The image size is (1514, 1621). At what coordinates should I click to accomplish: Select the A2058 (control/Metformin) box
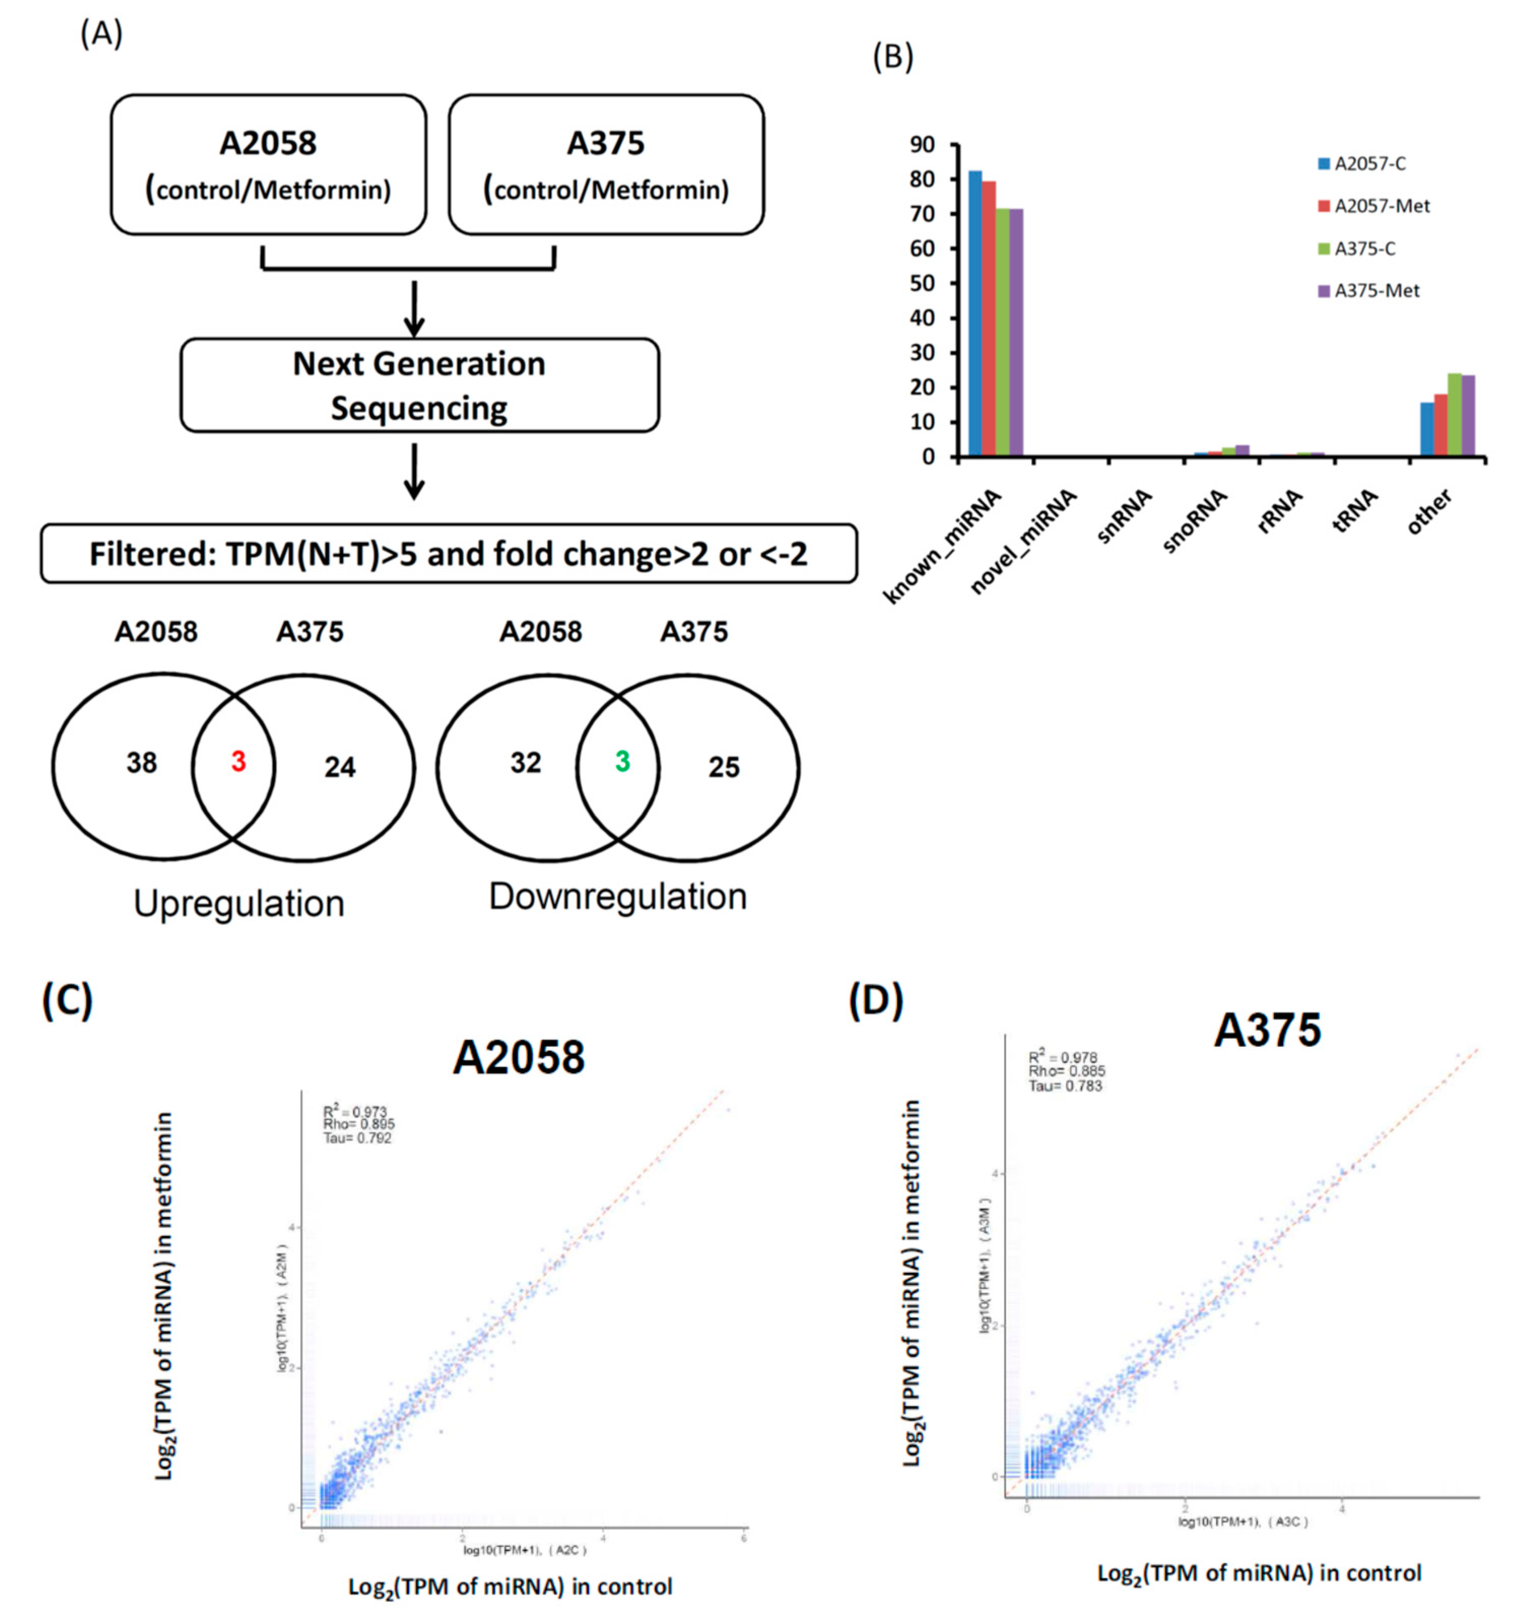coord(268,164)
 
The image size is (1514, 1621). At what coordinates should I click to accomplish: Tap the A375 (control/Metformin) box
coord(606,164)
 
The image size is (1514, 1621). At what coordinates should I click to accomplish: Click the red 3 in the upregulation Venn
coord(238,762)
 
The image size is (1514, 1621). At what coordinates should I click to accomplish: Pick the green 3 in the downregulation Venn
coord(622,762)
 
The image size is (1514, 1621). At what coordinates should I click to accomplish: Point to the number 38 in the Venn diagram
coord(142,763)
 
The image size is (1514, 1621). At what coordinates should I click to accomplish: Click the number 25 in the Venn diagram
coord(723,767)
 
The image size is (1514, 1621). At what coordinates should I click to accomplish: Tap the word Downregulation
coord(618,896)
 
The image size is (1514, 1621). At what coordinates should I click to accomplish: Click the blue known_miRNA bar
coord(975,314)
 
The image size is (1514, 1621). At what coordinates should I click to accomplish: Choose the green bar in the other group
coord(1455,415)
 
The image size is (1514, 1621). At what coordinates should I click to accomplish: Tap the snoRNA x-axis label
coord(1195,522)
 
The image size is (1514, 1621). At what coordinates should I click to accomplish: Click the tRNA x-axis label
coord(1355,512)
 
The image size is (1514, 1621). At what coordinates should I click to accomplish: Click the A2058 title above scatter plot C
coord(519,1057)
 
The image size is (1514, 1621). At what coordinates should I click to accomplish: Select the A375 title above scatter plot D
coord(1267,1030)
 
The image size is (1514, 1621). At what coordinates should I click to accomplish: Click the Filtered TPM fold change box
coord(448,554)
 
